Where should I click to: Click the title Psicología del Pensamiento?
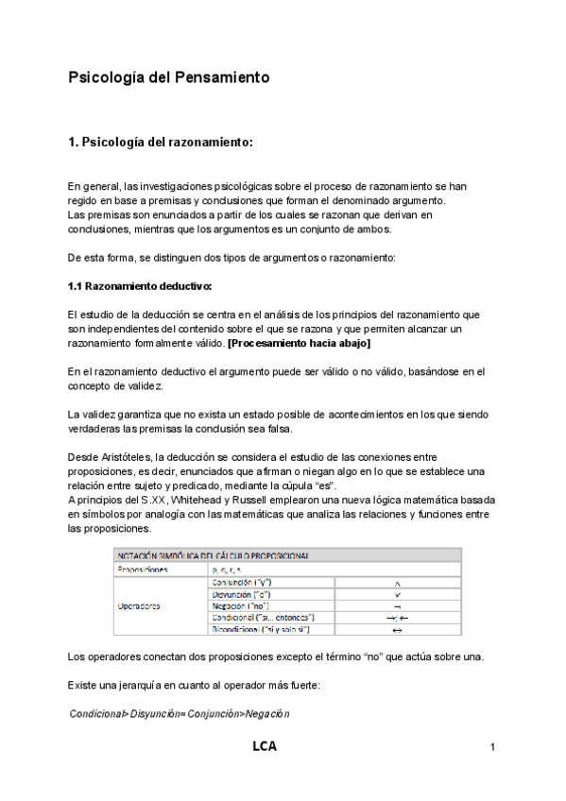[x=169, y=77]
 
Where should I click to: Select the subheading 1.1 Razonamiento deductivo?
[x=140, y=285]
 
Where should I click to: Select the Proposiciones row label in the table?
[x=143, y=570]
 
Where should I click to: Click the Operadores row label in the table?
[x=138, y=605]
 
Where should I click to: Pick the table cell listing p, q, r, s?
[x=227, y=570]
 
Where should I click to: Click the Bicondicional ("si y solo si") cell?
[x=257, y=629]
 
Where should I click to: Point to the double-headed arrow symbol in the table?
[x=397, y=629]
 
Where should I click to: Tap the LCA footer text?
[x=265, y=747]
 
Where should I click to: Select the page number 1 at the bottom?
[x=493, y=748]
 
